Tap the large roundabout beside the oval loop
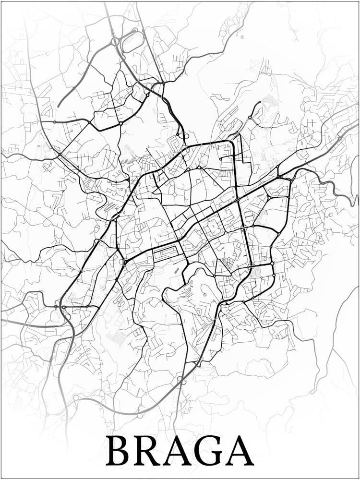tap(115, 42)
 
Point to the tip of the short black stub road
tap(260, 102)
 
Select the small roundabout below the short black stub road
tap(250, 118)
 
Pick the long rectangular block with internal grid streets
tap(166, 252)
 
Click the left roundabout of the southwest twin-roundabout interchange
tap(57, 307)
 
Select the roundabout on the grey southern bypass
tap(181, 380)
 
